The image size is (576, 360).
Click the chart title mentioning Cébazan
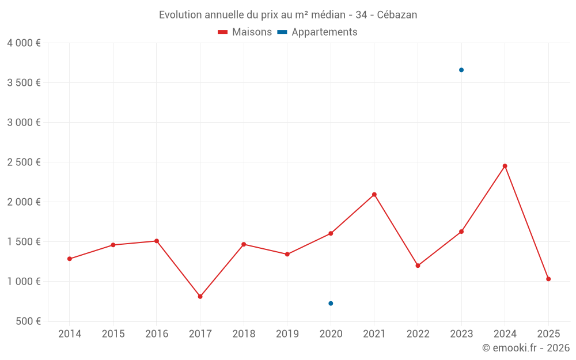pyautogui.click(x=288, y=15)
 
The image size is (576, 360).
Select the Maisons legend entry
pyautogui.click(x=245, y=32)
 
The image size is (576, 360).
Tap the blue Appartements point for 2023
pyautogui.click(x=461, y=70)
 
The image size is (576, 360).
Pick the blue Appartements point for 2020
pyautogui.click(x=331, y=304)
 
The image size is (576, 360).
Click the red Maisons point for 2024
pyautogui.click(x=505, y=166)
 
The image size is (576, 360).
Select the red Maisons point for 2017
pyautogui.click(x=200, y=297)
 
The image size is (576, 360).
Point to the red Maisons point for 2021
pyautogui.click(x=374, y=195)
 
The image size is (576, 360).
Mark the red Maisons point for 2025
pyautogui.click(x=548, y=279)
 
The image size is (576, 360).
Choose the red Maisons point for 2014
pyautogui.click(x=70, y=259)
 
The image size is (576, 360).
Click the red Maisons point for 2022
pyautogui.click(x=418, y=266)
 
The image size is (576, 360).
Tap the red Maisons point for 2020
pyautogui.click(x=331, y=233)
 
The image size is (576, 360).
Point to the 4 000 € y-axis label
pyautogui.click(x=24, y=43)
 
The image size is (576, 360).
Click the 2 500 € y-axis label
pyautogui.click(x=24, y=162)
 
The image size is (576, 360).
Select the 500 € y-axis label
pyautogui.click(x=28, y=321)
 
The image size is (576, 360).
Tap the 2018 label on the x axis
pyautogui.click(x=244, y=334)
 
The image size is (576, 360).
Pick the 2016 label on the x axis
pyautogui.click(x=157, y=334)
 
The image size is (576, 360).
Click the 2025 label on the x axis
pyautogui.click(x=548, y=334)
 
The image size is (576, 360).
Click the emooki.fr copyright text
pyautogui.click(x=525, y=348)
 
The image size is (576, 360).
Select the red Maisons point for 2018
pyautogui.click(x=244, y=244)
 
